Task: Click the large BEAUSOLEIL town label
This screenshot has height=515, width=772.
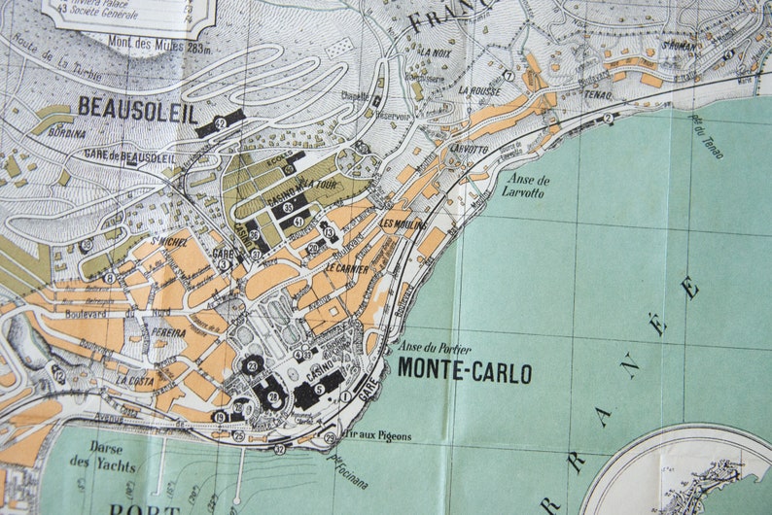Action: coord(137,109)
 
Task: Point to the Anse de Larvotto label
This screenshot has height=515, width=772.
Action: coord(528,186)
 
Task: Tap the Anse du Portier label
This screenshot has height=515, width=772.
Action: coord(434,348)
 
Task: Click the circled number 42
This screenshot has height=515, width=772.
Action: coord(221,123)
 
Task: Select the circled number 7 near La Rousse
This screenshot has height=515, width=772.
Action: coord(508,75)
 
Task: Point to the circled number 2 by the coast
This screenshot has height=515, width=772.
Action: coord(608,119)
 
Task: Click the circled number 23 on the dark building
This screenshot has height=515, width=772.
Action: coord(251,366)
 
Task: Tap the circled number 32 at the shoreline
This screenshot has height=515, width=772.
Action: coord(280,448)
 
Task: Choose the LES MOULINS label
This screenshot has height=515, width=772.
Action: coord(404,224)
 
